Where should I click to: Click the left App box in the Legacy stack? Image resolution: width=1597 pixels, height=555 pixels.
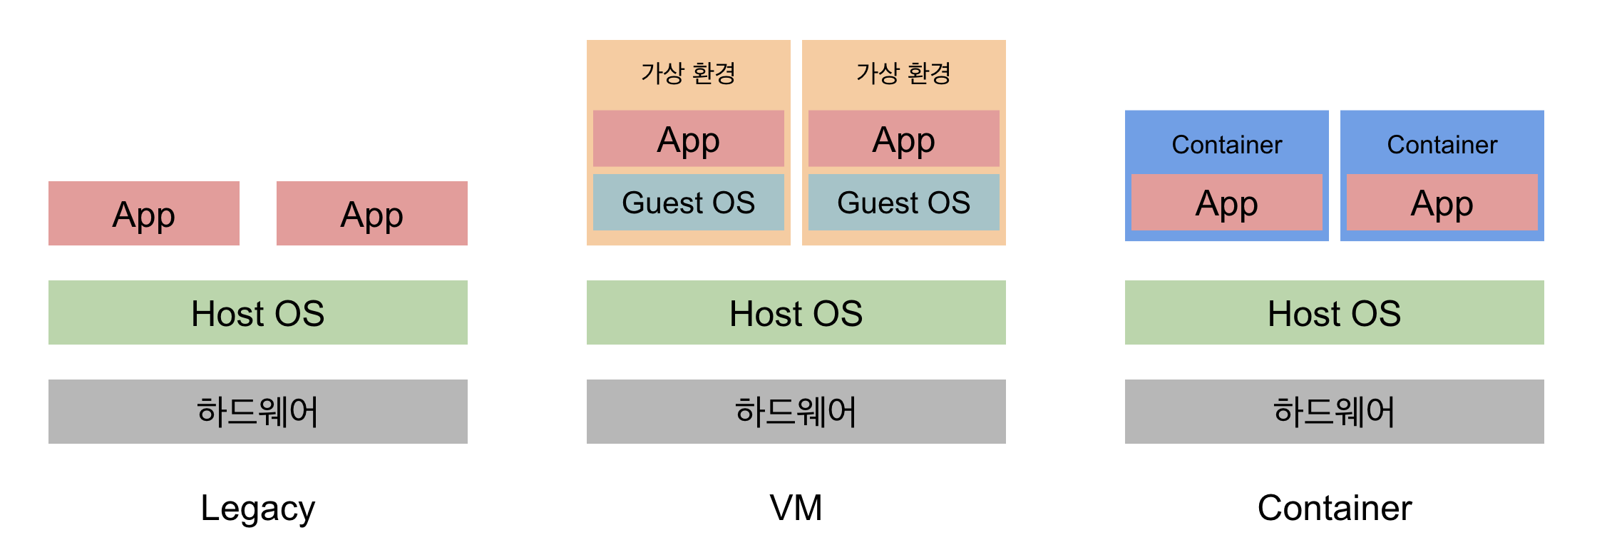[x=143, y=213]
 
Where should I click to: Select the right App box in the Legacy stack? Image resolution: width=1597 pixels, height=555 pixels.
[x=371, y=213]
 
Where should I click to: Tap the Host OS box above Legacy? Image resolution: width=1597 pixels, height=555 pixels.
[x=257, y=312]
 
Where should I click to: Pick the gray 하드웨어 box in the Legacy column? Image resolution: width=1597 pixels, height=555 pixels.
[x=257, y=412]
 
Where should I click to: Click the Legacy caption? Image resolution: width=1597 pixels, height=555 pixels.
[x=257, y=509]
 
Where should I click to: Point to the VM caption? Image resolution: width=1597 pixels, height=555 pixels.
[x=796, y=509]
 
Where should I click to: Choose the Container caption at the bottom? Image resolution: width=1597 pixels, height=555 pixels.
[x=1334, y=509]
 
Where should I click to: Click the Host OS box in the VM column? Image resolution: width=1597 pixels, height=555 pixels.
[x=796, y=312]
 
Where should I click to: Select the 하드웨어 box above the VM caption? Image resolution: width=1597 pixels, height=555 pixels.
[x=796, y=412]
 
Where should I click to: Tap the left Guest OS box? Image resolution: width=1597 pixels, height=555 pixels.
[x=688, y=203]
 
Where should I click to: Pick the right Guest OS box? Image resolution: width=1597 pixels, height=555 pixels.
[x=903, y=203]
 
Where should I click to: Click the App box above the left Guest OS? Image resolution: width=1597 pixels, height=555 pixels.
[x=688, y=138]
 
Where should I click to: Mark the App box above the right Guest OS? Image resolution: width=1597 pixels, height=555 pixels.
[x=903, y=138]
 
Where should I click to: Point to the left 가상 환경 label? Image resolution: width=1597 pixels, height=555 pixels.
[x=688, y=73]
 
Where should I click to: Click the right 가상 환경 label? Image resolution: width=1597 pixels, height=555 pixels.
[x=903, y=73]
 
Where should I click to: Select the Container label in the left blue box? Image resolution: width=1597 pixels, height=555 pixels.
[x=1226, y=145]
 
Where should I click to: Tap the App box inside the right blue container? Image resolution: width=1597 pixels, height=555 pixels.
[x=1442, y=203]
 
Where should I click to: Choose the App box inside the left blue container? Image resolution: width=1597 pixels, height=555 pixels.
[x=1226, y=203]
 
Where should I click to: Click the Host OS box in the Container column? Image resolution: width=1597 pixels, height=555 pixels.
[x=1334, y=312]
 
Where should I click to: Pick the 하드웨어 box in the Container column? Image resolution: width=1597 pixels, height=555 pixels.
[x=1334, y=412]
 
